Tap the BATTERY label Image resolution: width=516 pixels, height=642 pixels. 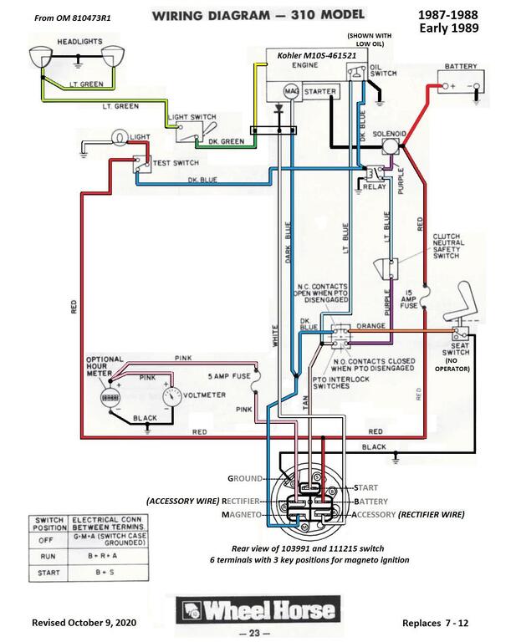[461, 66]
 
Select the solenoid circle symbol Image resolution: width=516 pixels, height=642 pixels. [391, 145]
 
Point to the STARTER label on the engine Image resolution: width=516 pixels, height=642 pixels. [320, 90]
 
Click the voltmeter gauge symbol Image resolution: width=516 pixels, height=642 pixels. [172, 393]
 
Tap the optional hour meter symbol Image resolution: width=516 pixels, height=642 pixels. [108, 397]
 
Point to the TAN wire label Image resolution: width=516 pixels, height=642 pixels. [304, 403]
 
